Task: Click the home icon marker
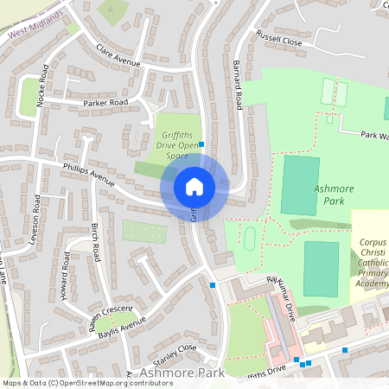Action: pyautogui.click(x=194, y=186)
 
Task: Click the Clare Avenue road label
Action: pyautogui.click(x=118, y=54)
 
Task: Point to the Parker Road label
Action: pyautogui.click(x=105, y=103)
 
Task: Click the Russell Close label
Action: pyautogui.click(x=277, y=37)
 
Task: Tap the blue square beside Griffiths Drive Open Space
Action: pyautogui.click(x=201, y=144)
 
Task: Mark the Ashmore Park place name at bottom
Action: pyautogui.click(x=181, y=373)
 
